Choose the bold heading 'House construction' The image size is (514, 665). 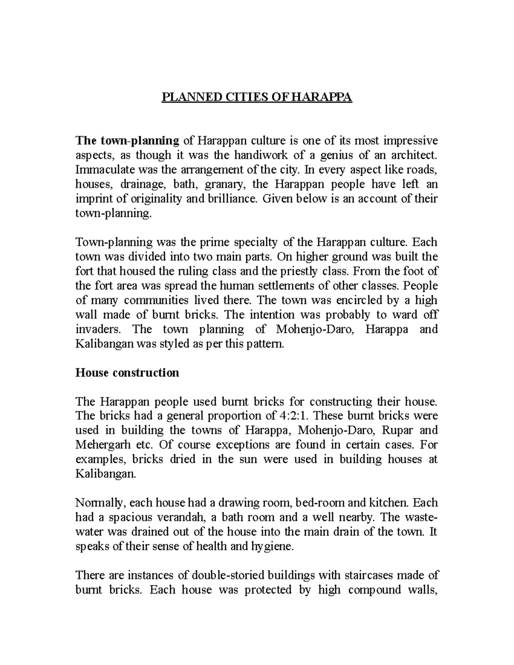coord(127,373)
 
